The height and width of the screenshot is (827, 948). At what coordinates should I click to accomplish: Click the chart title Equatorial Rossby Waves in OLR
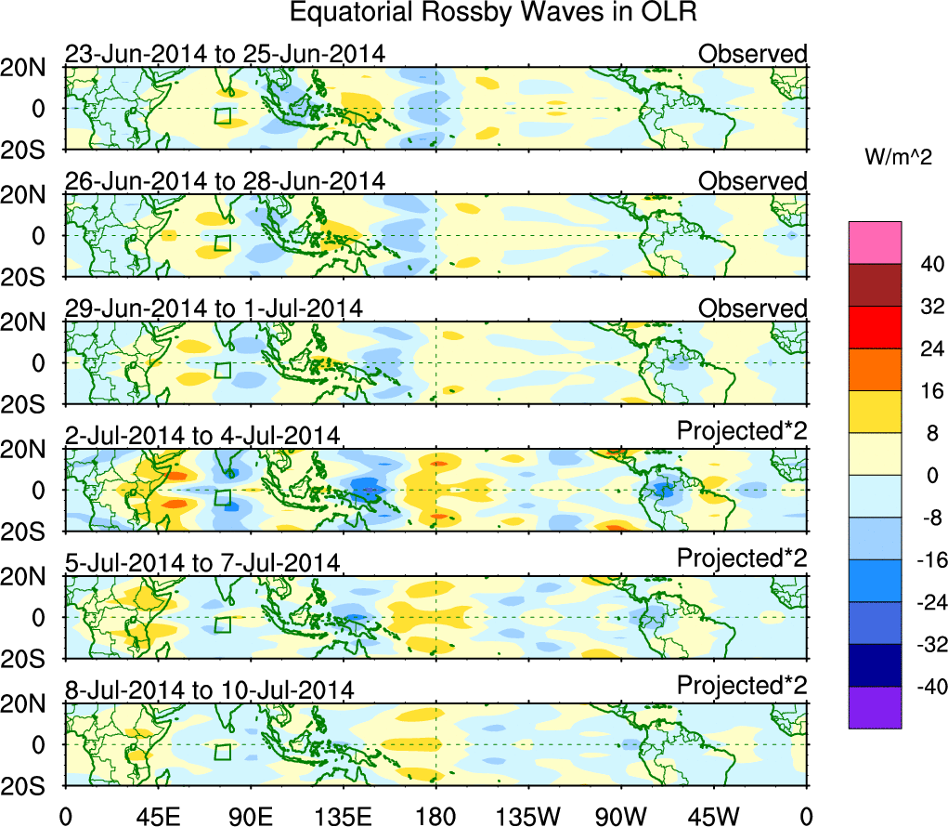(x=493, y=13)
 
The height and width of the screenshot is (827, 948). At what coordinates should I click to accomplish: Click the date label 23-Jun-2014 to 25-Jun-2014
(x=225, y=54)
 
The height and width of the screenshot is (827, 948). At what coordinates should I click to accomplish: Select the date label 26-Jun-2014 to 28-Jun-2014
(x=225, y=181)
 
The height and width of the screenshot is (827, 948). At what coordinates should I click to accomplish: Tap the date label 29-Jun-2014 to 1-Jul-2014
(x=214, y=308)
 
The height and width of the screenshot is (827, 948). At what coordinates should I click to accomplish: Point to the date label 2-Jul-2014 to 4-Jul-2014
(x=202, y=435)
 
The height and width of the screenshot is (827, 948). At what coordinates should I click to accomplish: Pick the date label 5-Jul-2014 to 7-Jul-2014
(x=202, y=562)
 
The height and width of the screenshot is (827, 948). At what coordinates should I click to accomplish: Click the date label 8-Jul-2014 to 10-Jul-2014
(x=209, y=689)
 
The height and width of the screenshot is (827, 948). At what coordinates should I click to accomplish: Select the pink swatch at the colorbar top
(x=875, y=243)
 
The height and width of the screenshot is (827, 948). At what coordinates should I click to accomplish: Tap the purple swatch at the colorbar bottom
(x=875, y=707)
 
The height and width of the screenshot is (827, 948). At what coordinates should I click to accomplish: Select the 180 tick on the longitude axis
(x=435, y=815)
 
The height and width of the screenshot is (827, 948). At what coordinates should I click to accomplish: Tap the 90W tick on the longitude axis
(x=620, y=815)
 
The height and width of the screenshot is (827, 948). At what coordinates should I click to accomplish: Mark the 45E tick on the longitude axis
(x=157, y=815)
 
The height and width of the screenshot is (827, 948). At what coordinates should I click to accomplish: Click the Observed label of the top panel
(x=753, y=54)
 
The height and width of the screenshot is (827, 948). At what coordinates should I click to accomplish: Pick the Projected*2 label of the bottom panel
(x=742, y=686)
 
